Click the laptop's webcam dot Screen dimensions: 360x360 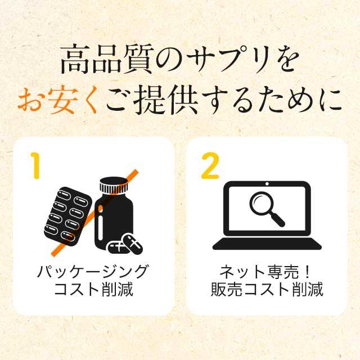click(267, 184)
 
